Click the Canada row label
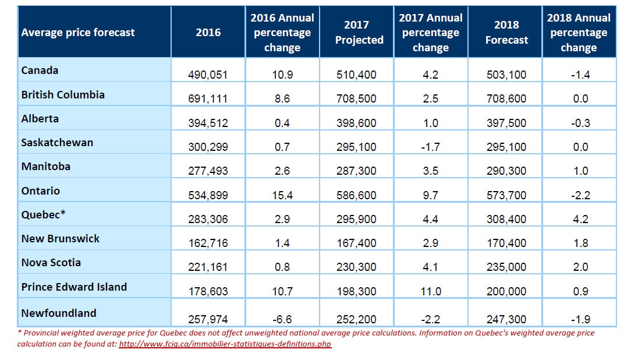click(x=40, y=70)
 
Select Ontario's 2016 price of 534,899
click(x=208, y=195)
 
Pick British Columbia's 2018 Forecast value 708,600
click(x=506, y=98)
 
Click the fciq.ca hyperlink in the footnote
click(x=225, y=344)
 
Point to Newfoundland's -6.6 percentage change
click(x=282, y=319)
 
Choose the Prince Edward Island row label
click(x=74, y=287)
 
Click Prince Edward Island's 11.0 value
click(x=431, y=291)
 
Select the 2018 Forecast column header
click(x=506, y=32)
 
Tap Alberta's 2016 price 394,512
click(x=208, y=123)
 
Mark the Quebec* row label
click(x=44, y=214)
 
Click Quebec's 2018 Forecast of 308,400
click(x=506, y=219)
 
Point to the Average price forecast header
click(x=78, y=32)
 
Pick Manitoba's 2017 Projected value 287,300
click(x=357, y=171)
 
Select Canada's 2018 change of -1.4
click(x=580, y=75)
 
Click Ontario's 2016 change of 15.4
click(x=282, y=195)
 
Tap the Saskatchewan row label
click(x=57, y=143)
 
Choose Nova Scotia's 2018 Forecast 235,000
click(x=506, y=267)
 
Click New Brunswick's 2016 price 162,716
click(x=208, y=243)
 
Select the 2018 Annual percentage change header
click(x=579, y=32)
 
